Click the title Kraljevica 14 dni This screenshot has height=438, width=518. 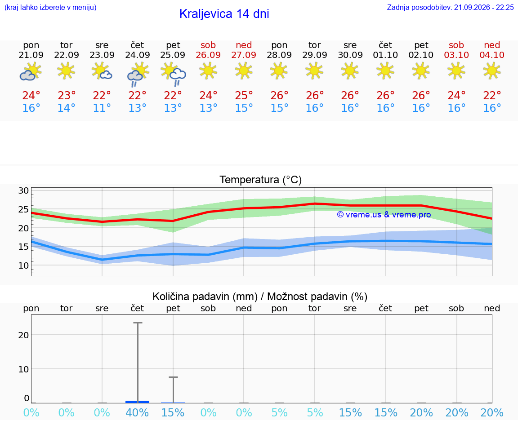pos(224,14)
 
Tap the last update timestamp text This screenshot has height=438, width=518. pos(450,7)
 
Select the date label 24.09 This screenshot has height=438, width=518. pos(138,55)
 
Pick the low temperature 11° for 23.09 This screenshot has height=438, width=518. pos(102,108)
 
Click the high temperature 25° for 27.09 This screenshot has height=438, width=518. pos(244,95)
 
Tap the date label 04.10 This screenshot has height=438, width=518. pos(492,55)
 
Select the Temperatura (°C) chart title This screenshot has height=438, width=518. pos(261,180)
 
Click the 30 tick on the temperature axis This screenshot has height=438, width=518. pos(23,190)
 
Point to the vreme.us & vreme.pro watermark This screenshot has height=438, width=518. pos(384,215)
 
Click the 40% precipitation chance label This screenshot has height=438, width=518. pos(137,412)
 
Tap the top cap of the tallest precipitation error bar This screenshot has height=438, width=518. pos(138,323)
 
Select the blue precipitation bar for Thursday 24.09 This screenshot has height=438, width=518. pos(138,402)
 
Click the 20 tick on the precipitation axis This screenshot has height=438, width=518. pos(23,335)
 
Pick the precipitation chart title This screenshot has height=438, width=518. pos(260,296)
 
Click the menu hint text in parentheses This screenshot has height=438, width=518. pos(50,7)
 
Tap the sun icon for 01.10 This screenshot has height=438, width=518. pos(385,71)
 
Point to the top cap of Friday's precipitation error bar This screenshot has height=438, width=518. pos(173,377)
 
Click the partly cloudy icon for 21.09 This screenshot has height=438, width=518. pos(31,72)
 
